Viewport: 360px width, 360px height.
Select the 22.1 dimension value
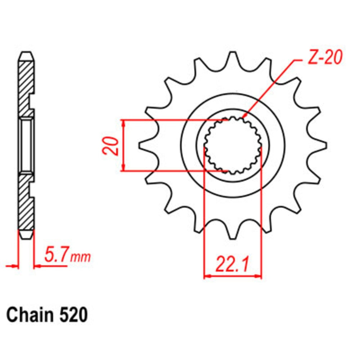pyautogui.click(x=233, y=265)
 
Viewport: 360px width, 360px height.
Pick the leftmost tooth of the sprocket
pyautogui.click(x=144, y=145)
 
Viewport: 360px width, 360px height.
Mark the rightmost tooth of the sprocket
pyautogui.click(x=321, y=145)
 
